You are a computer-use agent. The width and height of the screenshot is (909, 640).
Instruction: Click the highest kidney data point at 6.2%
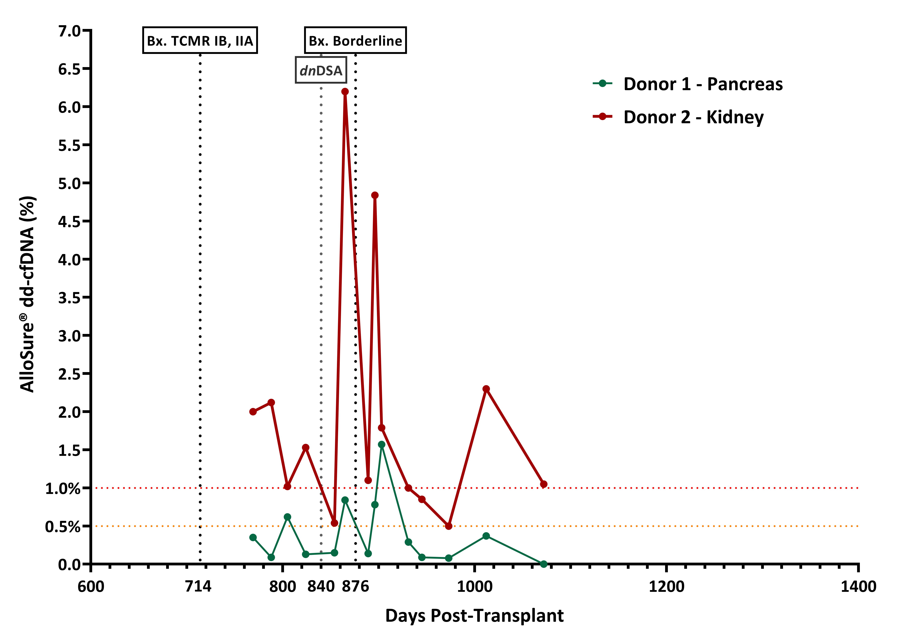point(345,91)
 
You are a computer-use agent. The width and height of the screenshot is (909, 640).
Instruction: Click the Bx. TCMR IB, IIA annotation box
point(200,40)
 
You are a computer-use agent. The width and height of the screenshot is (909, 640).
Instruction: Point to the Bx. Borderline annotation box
point(355,40)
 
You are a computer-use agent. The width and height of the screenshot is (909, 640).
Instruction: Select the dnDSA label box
point(321,70)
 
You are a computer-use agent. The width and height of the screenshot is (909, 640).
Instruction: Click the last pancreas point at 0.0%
point(544,564)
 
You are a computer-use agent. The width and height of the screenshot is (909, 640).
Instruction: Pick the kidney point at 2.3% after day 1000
point(486,389)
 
